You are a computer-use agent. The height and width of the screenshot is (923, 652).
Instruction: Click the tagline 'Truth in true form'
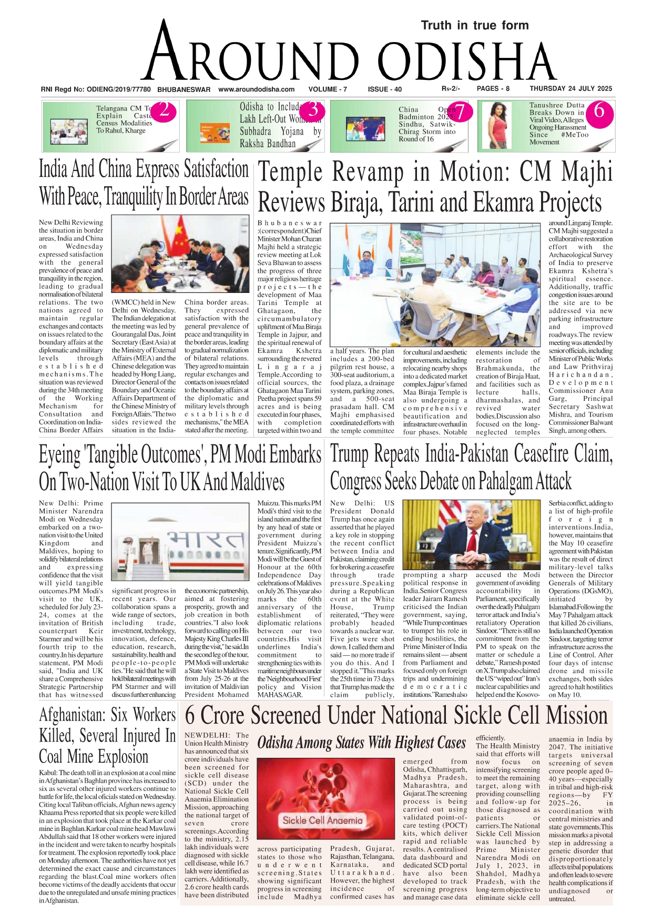point(474,25)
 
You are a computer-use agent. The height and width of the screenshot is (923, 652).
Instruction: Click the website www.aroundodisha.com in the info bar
point(256,89)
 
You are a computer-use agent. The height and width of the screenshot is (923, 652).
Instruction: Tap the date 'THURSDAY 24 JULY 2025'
point(570,89)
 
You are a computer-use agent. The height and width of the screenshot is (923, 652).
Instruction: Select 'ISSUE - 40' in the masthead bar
point(384,89)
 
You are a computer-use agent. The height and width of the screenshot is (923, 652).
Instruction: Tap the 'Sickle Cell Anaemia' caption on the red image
point(322,820)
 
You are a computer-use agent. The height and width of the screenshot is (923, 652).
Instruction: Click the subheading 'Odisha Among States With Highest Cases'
point(361,743)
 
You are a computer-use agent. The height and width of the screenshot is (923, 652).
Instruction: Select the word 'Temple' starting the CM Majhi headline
point(290,173)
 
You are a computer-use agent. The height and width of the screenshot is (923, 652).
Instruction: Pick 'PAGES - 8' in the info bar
point(493,89)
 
